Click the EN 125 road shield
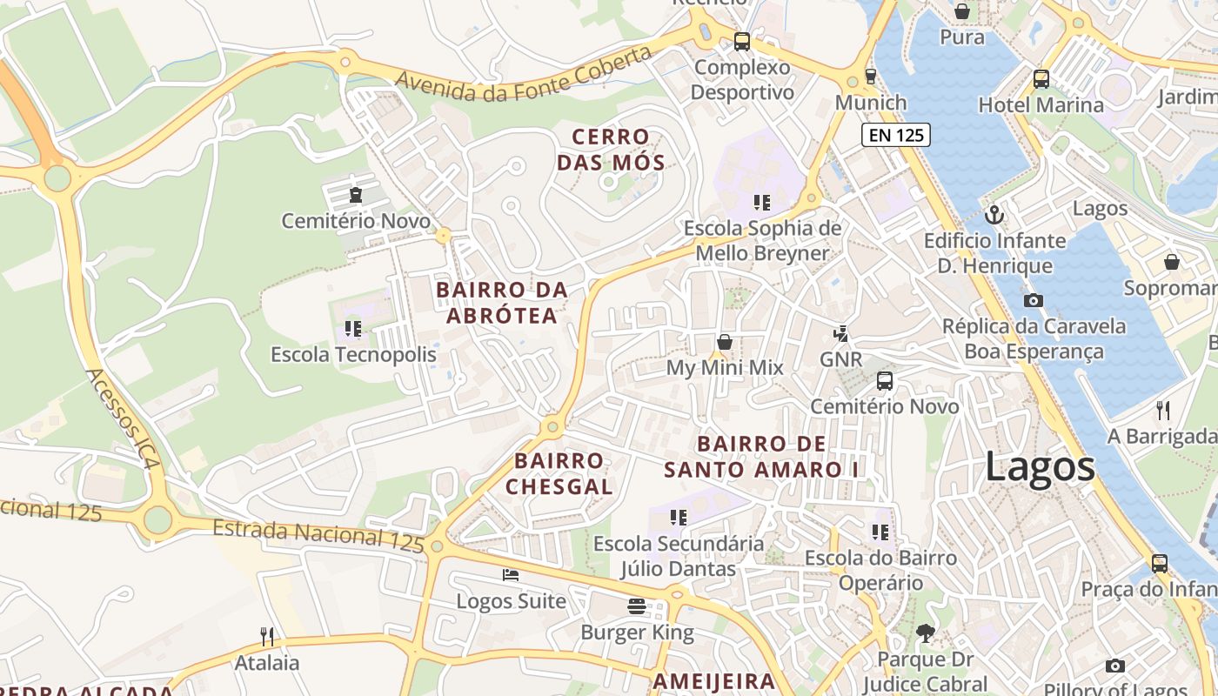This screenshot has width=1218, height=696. click(x=896, y=135)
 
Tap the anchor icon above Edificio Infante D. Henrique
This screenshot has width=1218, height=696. click(x=994, y=214)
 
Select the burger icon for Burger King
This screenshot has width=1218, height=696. click(x=637, y=606)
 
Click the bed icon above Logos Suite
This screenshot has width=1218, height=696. click(x=511, y=575)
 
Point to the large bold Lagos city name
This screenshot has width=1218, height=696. click(x=1040, y=467)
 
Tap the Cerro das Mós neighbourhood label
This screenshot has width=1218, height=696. click(x=611, y=150)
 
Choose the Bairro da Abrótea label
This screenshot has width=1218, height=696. click(x=502, y=303)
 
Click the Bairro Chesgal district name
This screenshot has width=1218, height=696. click(x=559, y=474)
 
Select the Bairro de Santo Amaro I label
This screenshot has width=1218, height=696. click(x=761, y=457)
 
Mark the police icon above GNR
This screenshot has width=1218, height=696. click(x=840, y=332)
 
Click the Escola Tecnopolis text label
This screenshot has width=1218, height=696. click(x=353, y=355)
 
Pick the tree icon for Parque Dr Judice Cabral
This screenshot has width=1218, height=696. click(x=925, y=633)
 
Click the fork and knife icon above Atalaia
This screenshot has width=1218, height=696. click(x=267, y=637)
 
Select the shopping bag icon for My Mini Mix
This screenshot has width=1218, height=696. click(x=724, y=342)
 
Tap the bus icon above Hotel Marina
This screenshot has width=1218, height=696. click(x=1041, y=79)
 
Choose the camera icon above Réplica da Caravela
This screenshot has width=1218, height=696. click(x=1034, y=301)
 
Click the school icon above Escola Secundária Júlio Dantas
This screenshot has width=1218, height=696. click(x=679, y=518)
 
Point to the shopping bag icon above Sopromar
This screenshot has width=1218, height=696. click(x=1171, y=262)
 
